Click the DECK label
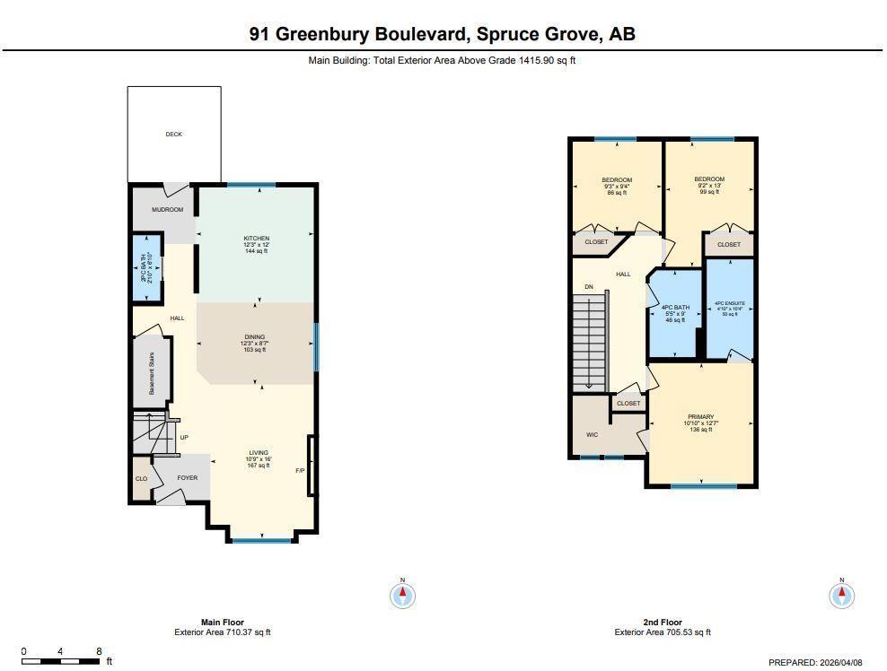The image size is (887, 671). [173, 135]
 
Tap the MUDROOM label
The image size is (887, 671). [167, 210]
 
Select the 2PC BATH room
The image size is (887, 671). [147, 267]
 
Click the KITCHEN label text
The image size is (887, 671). [256, 239]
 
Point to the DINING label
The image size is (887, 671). [255, 337]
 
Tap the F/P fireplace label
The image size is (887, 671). [300, 470]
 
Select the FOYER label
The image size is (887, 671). [187, 478]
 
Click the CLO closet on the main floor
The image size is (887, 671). [141, 479]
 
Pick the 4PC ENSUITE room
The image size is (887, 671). [729, 305]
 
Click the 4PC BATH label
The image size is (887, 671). [675, 309]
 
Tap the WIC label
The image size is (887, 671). [592, 434]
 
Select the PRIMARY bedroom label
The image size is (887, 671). [700, 417]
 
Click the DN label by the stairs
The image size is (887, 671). [589, 287]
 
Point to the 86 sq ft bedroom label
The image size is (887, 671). [617, 180]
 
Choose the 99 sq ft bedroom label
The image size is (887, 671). [709, 179]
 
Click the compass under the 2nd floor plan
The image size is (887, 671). [842, 594]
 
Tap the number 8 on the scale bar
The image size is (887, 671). [99, 652]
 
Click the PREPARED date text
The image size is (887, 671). [815, 662]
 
